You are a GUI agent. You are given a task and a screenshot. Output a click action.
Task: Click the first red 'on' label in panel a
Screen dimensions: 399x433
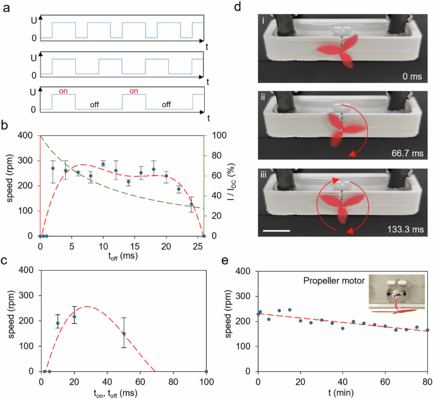click(64, 90)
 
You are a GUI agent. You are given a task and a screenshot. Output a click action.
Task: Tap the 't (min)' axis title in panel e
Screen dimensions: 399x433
click(343, 391)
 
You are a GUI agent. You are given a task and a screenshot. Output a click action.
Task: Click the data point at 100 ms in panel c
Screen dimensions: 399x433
click(207, 371)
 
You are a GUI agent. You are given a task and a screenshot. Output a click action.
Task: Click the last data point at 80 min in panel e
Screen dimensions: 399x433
click(427, 330)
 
